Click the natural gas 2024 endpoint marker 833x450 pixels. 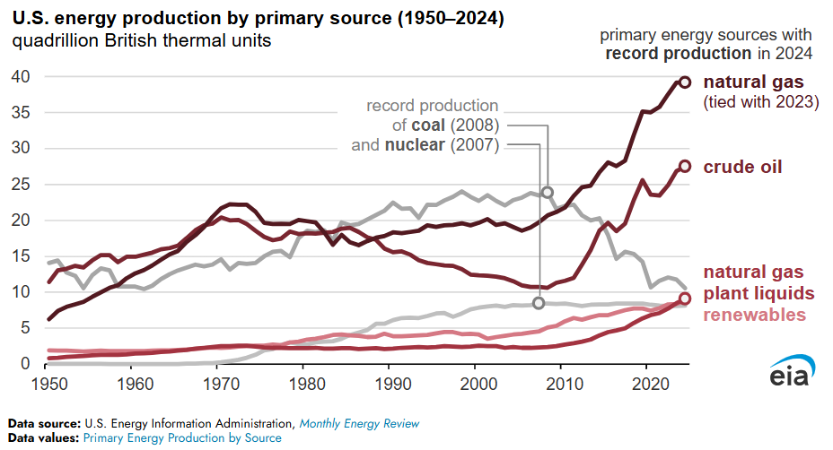tap(684, 82)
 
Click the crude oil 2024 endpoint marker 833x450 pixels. tap(684, 166)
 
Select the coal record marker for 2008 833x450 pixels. tap(547, 192)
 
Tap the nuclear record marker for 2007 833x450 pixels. tap(539, 303)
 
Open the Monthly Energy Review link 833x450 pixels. tap(359, 423)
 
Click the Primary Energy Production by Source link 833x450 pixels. tap(182, 437)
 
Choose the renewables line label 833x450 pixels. tap(754, 315)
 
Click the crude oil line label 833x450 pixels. tap(742, 167)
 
